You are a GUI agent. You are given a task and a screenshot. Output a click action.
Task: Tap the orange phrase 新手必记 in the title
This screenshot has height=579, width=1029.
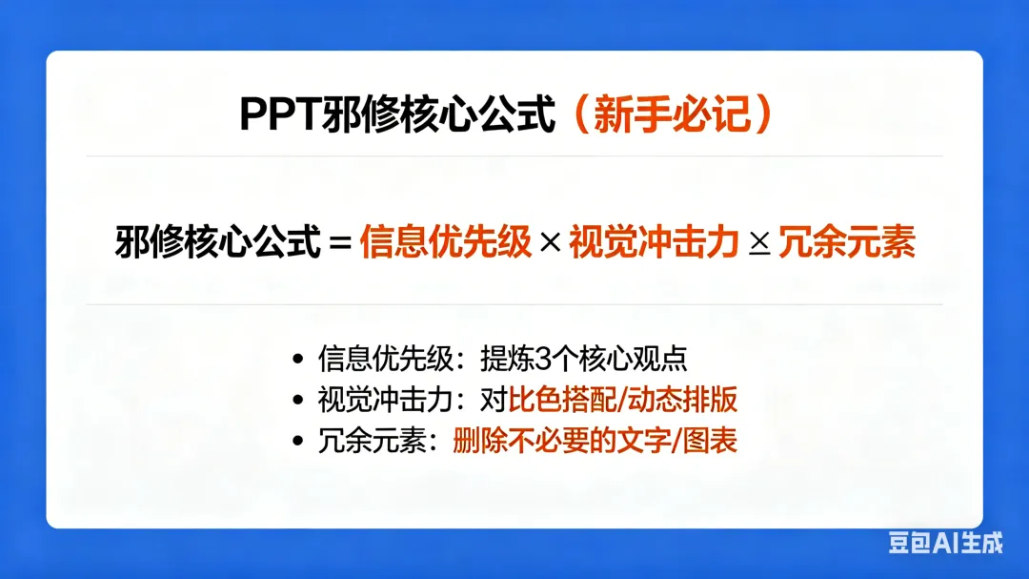pos(672,114)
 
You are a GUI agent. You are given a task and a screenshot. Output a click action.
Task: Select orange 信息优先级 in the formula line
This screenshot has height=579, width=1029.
pos(446,241)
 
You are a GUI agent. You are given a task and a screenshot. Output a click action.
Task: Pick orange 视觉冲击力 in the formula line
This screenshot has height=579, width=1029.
pos(655,241)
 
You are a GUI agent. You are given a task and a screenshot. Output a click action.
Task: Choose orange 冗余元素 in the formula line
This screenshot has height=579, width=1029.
pos(847,241)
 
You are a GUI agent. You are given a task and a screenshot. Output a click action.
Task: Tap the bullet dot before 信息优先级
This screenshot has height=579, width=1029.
pos(298,359)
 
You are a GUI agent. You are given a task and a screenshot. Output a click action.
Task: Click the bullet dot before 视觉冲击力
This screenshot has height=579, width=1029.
pos(298,400)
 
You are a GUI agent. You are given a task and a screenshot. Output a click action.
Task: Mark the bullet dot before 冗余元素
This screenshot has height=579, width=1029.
pos(298,441)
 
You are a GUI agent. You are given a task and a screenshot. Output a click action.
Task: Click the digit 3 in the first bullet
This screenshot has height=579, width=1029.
pos(543,359)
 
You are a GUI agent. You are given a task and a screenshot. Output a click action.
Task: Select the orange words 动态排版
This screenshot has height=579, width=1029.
pos(682,400)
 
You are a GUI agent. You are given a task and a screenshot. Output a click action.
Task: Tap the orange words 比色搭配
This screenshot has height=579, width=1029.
pos(563,400)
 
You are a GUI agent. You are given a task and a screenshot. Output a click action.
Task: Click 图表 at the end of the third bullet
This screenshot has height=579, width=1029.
pos(710,441)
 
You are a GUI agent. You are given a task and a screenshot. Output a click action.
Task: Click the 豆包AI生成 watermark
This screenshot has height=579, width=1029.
pos(946,543)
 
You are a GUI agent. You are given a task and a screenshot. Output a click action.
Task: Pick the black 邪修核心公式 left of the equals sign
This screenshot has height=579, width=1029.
pos(218,241)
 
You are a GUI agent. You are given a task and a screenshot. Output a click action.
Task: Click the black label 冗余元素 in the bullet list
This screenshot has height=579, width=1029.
pos(373,441)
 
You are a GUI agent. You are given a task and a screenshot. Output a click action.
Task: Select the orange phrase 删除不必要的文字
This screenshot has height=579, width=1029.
pos(562,441)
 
